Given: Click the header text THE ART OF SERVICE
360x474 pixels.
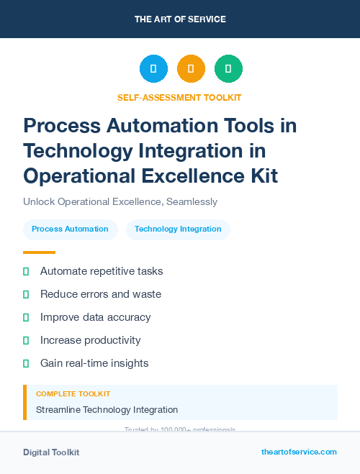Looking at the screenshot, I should coord(180,19).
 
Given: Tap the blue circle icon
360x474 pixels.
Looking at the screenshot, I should coord(153,68).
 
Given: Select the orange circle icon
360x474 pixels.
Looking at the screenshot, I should coord(191,68).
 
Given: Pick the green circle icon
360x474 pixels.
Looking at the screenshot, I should coord(228,68).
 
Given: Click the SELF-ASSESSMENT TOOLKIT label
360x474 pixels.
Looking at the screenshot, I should coord(179,97).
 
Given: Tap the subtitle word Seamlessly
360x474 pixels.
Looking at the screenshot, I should coord(192,202).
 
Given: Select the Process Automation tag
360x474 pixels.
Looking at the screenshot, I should coord(70,229).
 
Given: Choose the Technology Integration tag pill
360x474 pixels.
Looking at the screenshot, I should coord(178,229).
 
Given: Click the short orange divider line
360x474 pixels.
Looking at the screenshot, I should coord(39,252).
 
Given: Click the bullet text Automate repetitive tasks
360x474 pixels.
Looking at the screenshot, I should coord(102,271).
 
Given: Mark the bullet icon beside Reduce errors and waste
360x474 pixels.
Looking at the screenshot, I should coord(26,294).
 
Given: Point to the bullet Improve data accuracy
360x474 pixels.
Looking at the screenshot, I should coord(95,317).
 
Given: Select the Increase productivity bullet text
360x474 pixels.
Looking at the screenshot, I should coord(91,340).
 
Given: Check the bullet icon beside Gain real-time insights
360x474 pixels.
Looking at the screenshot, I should coord(26,363).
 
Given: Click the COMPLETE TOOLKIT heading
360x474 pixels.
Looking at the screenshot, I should coord(73,394).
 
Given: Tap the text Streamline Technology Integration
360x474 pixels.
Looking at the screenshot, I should coord(107,410).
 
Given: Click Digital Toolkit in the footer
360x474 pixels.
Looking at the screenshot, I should coord(51,452).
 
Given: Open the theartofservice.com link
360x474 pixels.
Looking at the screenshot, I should coord(299,452).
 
